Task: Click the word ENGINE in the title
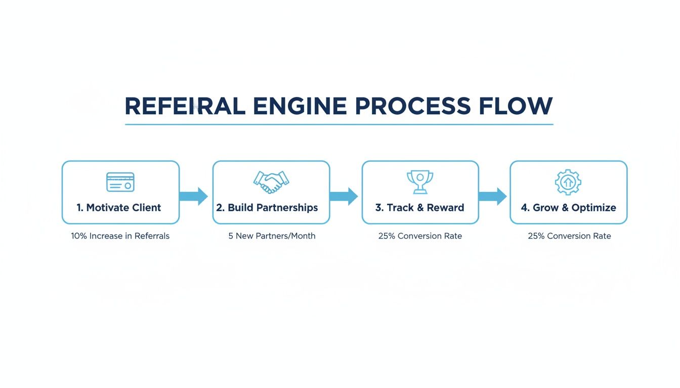300,107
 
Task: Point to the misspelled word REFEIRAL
185,107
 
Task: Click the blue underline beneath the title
339,124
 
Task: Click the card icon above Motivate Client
120,182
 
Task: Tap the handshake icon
271,182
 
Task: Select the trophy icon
420,182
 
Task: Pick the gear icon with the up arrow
568,182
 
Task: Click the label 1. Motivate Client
119,208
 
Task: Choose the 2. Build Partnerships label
267,208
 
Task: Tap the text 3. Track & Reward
419,208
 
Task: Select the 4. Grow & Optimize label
568,208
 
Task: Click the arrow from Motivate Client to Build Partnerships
194,196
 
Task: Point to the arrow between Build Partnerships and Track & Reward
344,196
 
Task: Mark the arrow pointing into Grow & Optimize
493,196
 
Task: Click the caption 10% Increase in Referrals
120,236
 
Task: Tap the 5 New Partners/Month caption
272,236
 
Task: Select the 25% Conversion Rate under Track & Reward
420,236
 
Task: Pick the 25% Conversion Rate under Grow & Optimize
569,236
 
